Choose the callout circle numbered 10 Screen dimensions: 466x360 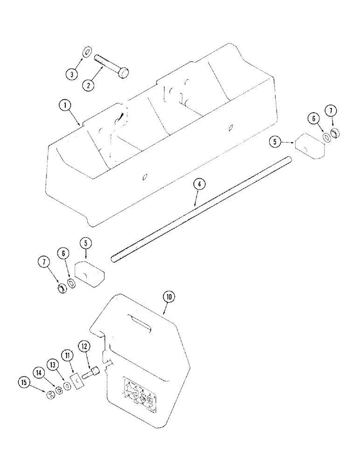click(168, 295)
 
